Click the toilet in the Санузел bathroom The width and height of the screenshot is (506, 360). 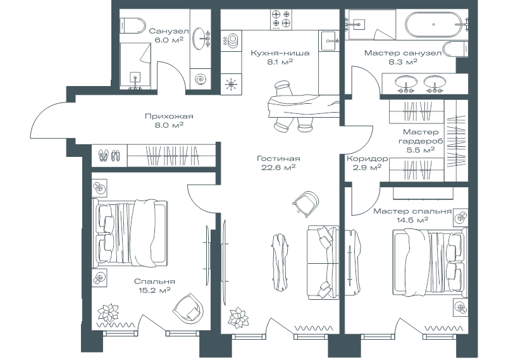pyautogui.click(x=132, y=25)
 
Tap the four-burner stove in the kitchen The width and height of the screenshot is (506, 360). pyautogui.click(x=281, y=20)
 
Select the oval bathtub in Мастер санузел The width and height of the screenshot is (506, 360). pyautogui.click(x=433, y=24)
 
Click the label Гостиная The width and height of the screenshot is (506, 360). pyautogui.click(x=278, y=159)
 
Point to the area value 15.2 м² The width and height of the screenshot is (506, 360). pyautogui.click(x=152, y=290)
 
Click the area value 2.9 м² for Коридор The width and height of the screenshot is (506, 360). pyautogui.click(x=367, y=168)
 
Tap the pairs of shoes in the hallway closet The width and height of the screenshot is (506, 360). pyautogui.click(x=109, y=155)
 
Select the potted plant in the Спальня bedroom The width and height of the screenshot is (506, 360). pyautogui.click(x=108, y=312)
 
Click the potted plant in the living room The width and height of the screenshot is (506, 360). pyautogui.click(x=238, y=317)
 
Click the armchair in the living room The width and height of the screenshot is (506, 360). pyautogui.click(x=306, y=202)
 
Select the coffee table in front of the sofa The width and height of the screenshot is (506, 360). pyautogui.click(x=280, y=262)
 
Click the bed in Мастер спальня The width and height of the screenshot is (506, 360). pyautogui.click(x=430, y=261)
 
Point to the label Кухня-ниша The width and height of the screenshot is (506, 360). pyautogui.click(x=280, y=53)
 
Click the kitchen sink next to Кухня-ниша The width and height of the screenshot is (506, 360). pyautogui.click(x=329, y=40)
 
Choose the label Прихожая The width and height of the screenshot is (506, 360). pyautogui.click(x=169, y=116)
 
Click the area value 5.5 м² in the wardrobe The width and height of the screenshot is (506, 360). pyautogui.click(x=421, y=150)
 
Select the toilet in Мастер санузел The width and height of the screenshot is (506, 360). pyautogui.click(x=455, y=49)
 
